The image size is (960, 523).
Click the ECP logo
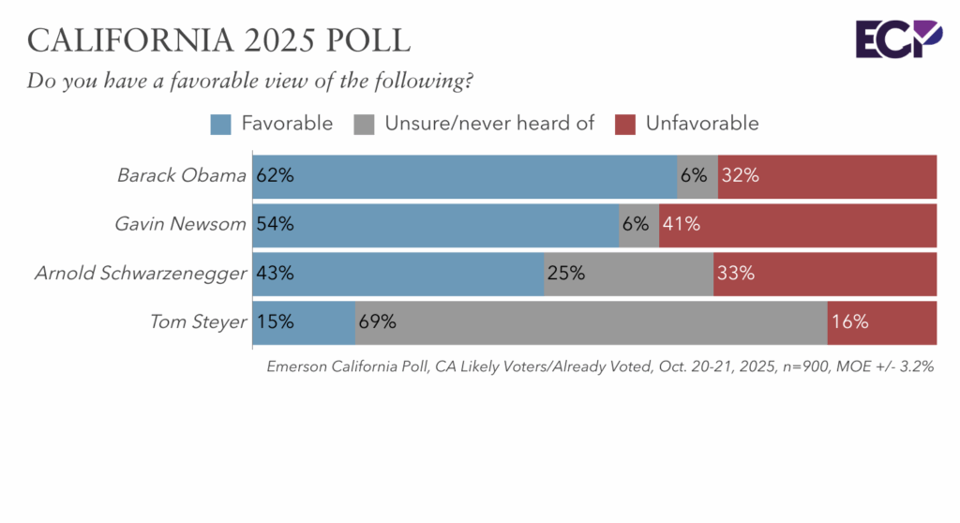[x=897, y=38]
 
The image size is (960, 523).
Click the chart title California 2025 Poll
[x=218, y=40]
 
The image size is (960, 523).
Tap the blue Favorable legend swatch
[x=221, y=124]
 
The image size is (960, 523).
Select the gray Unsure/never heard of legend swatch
[x=365, y=124]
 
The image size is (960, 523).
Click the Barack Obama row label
[x=182, y=175]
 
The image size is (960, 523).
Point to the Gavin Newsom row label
[x=181, y=224]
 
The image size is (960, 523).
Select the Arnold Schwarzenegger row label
[x=141, y=274]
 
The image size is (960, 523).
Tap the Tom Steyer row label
[x=199, y=322]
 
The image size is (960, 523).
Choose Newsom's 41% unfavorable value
[x=682, y=224]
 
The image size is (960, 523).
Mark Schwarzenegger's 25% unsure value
[x=566, y=274]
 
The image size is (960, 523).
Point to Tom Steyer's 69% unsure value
[x=378, y=322]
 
